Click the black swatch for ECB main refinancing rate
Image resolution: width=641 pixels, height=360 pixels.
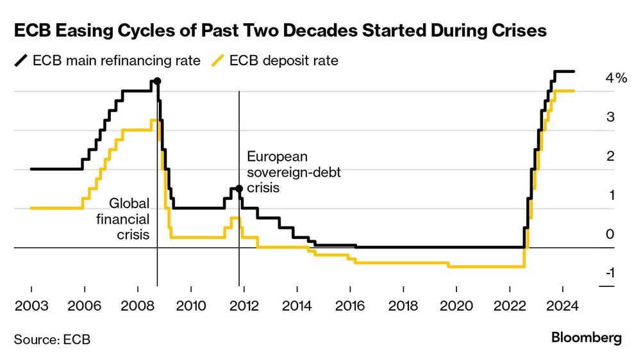[21, 60]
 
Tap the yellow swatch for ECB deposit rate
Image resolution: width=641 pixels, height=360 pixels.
[218, 60]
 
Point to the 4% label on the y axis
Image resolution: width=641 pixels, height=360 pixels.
[616, 78]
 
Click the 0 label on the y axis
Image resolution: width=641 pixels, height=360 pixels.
[610, 234]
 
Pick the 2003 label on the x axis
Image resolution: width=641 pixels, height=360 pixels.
[31, 306]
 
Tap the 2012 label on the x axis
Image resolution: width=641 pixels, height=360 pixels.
[244, 306]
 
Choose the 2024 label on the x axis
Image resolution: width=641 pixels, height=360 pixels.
[563, 306]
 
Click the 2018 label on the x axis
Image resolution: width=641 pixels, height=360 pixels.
[403, 306]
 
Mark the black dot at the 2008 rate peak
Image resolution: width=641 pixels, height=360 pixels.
[157, 81]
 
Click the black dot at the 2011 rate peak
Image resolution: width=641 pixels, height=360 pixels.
[239, 188]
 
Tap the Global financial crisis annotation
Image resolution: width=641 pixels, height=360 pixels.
[123, 219]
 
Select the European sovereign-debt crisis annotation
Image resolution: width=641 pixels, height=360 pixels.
[294, 172]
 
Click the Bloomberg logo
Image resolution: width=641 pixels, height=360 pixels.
[587, 338]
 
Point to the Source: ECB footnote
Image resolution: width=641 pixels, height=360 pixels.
[53, 340]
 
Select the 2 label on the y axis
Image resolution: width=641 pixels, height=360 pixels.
[610, 156]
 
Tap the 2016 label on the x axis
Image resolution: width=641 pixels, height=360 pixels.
[351, 306]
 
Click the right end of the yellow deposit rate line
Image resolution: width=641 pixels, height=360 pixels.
[574, 91]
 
